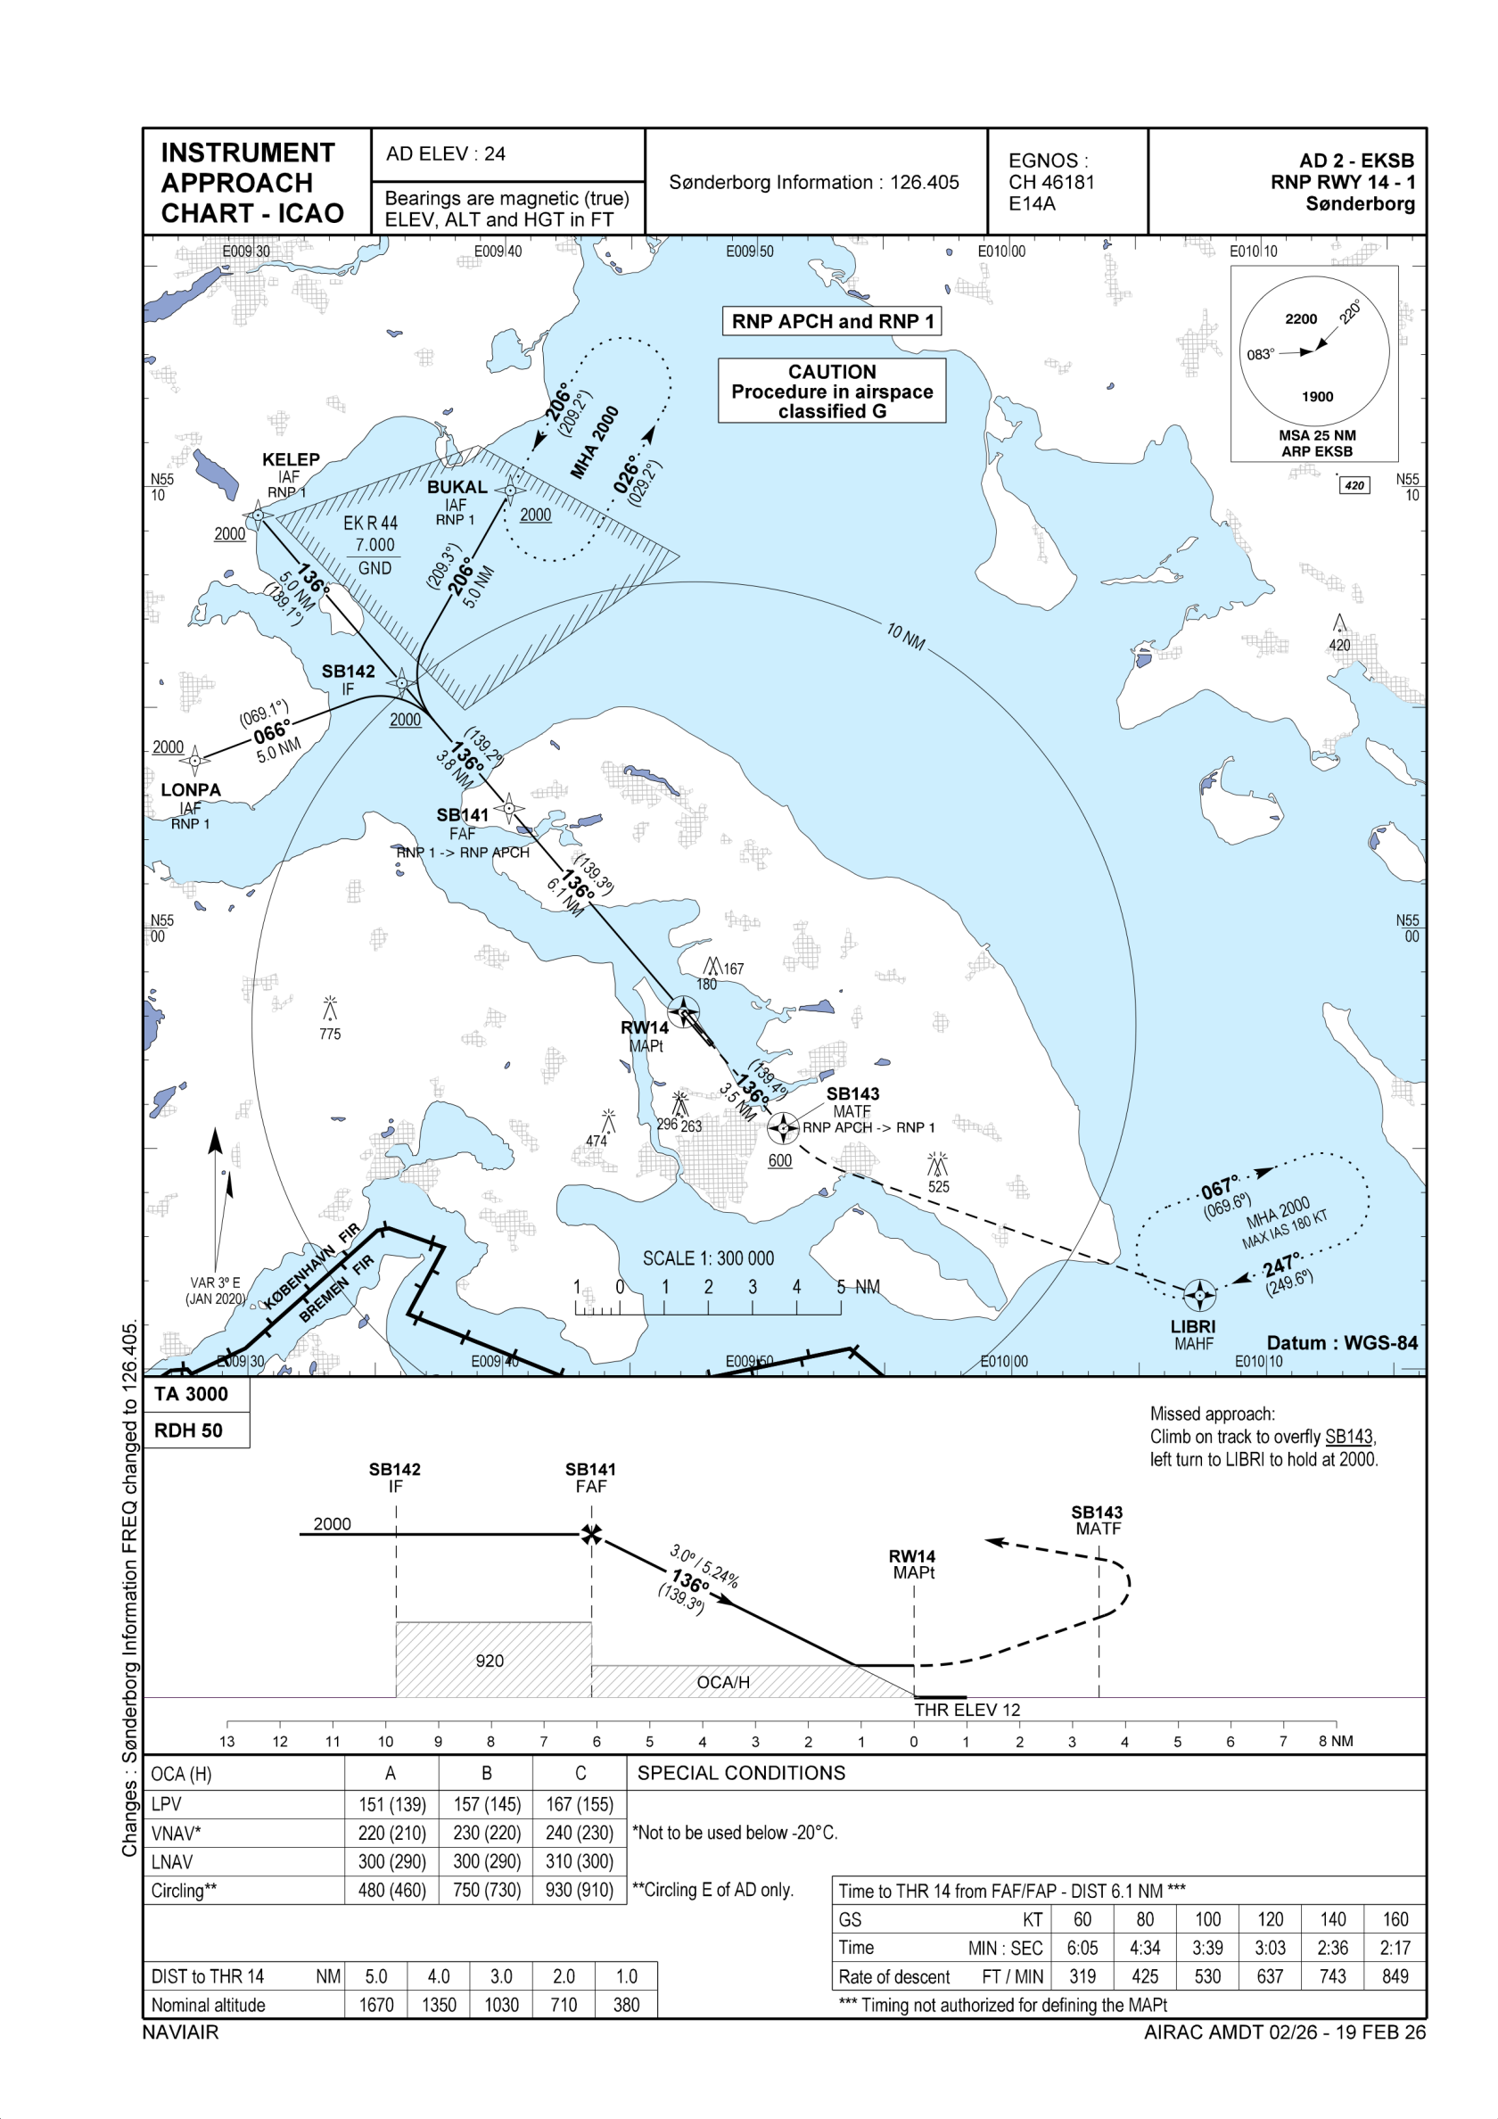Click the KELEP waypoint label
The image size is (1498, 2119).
coord(291,459)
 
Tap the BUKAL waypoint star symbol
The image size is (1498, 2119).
coord(510,491)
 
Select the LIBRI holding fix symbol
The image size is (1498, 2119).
coord(1199,1295)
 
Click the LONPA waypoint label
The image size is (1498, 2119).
coord(191,790)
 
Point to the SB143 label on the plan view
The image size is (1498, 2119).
coord(852,1093)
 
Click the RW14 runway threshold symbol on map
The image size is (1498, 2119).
coord(683,1012)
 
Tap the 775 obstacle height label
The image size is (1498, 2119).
coord(330,1035)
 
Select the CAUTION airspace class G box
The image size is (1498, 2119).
coord(832,392)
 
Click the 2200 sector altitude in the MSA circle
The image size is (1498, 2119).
coord(1300,319)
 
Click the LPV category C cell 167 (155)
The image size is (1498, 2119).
coord(580,1804)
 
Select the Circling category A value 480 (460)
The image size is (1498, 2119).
coord(392,1890)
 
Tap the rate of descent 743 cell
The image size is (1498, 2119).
coord(1332,1976)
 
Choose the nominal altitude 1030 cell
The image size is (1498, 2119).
coord(501,2005)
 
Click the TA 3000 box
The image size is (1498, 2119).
coord(191,1394)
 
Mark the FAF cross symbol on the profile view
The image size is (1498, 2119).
coord(592,1535)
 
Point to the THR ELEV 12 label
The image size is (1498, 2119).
coord(967,1711)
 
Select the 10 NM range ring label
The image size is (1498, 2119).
coord(905,636)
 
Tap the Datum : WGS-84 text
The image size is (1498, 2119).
coord(1341,1343)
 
